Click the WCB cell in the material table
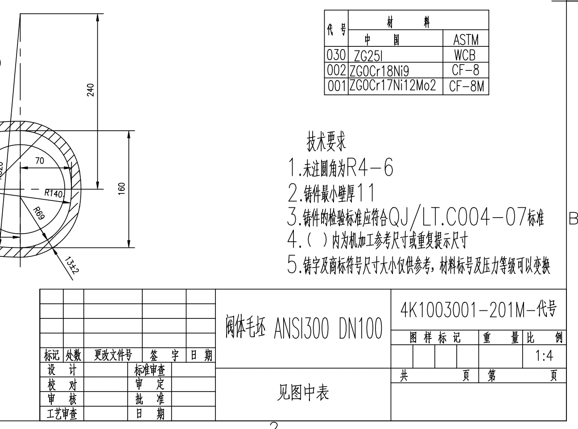(465, 55)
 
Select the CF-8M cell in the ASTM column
(466, 86)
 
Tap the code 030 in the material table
(336, 55)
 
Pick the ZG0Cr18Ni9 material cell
(379, 71)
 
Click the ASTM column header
(466, 40)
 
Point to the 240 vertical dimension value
(91, 89)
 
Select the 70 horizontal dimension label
(40, 161)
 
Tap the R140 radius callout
(54, 193)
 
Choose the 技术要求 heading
(326, 142)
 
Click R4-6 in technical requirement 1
(370, 168)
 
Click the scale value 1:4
(544, 356)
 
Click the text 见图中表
(303, 392)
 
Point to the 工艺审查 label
(62, 414)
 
